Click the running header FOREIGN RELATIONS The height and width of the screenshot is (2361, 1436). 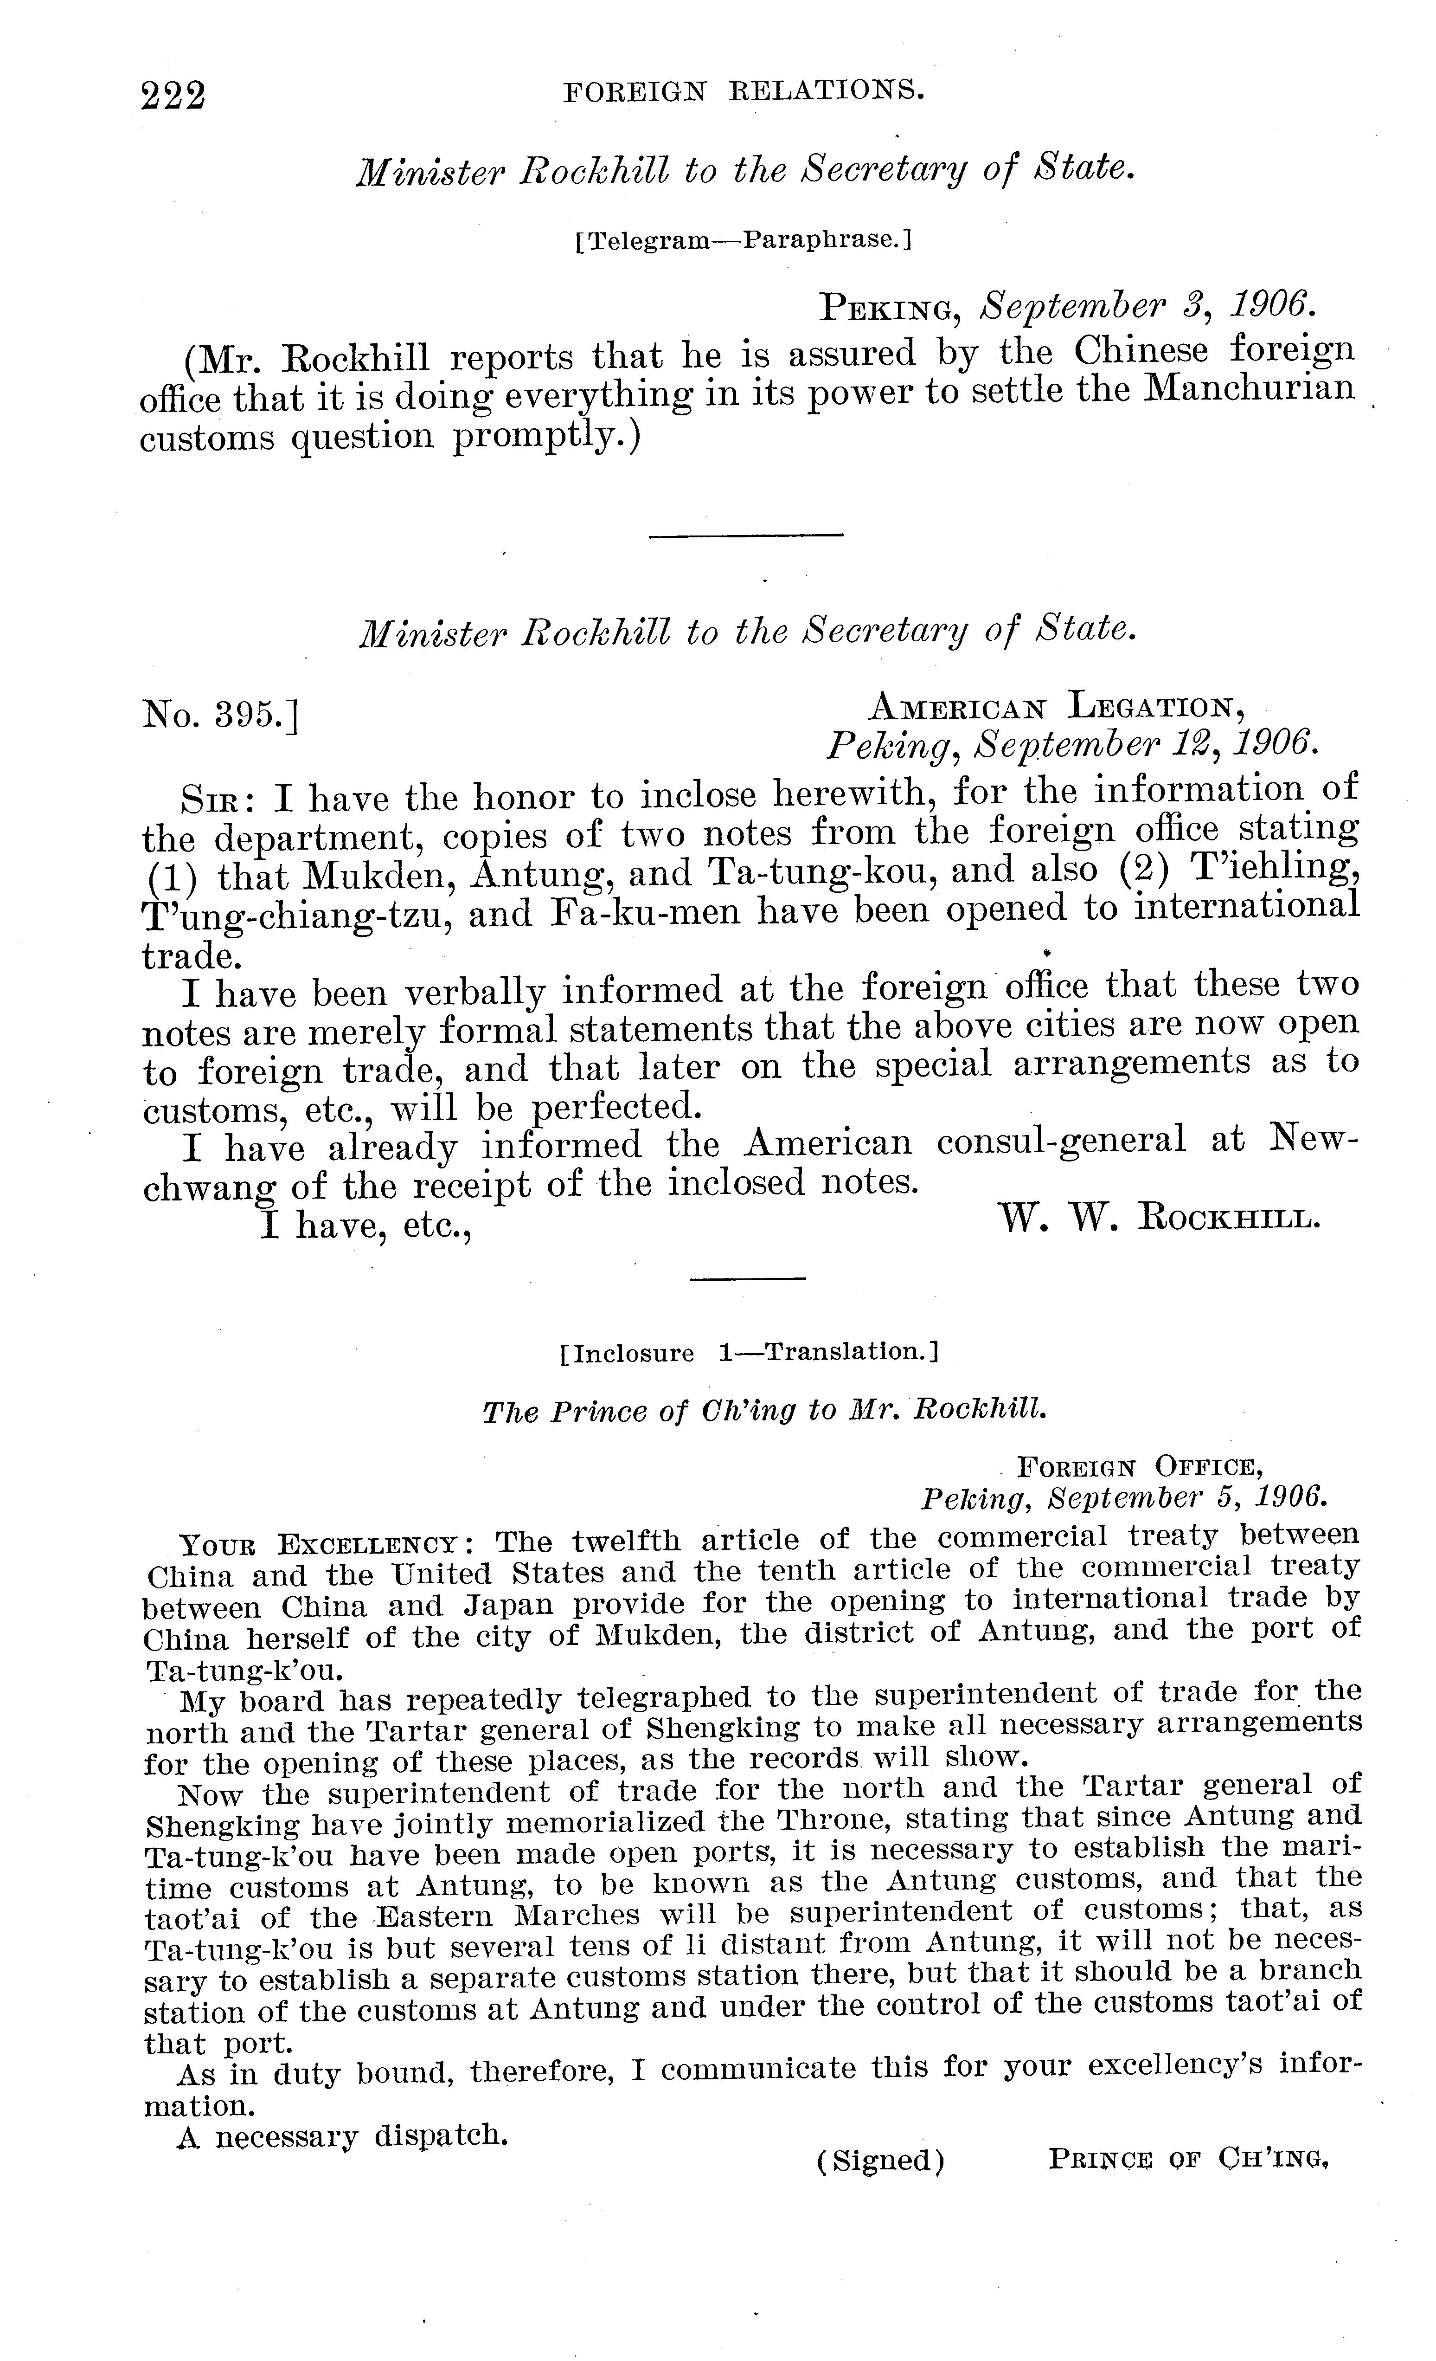click(x=744, y=91)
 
